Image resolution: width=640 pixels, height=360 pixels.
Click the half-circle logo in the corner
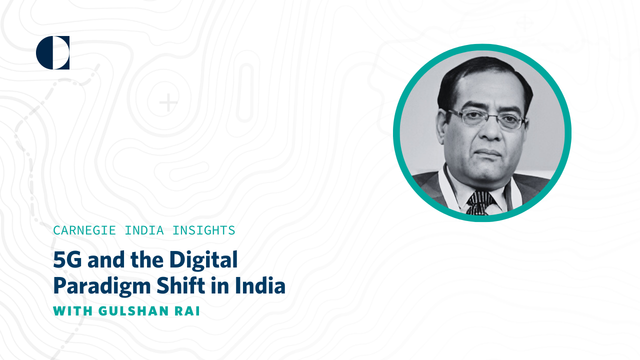[52, 52]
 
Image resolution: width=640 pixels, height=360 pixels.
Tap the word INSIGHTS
[203, 230]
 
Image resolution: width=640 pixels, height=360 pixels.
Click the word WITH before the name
[73, 311]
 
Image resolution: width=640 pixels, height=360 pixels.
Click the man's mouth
[489, 151]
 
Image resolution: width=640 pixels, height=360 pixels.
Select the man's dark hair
[480, 75]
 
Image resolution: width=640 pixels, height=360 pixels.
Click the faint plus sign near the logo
[168, 103]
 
